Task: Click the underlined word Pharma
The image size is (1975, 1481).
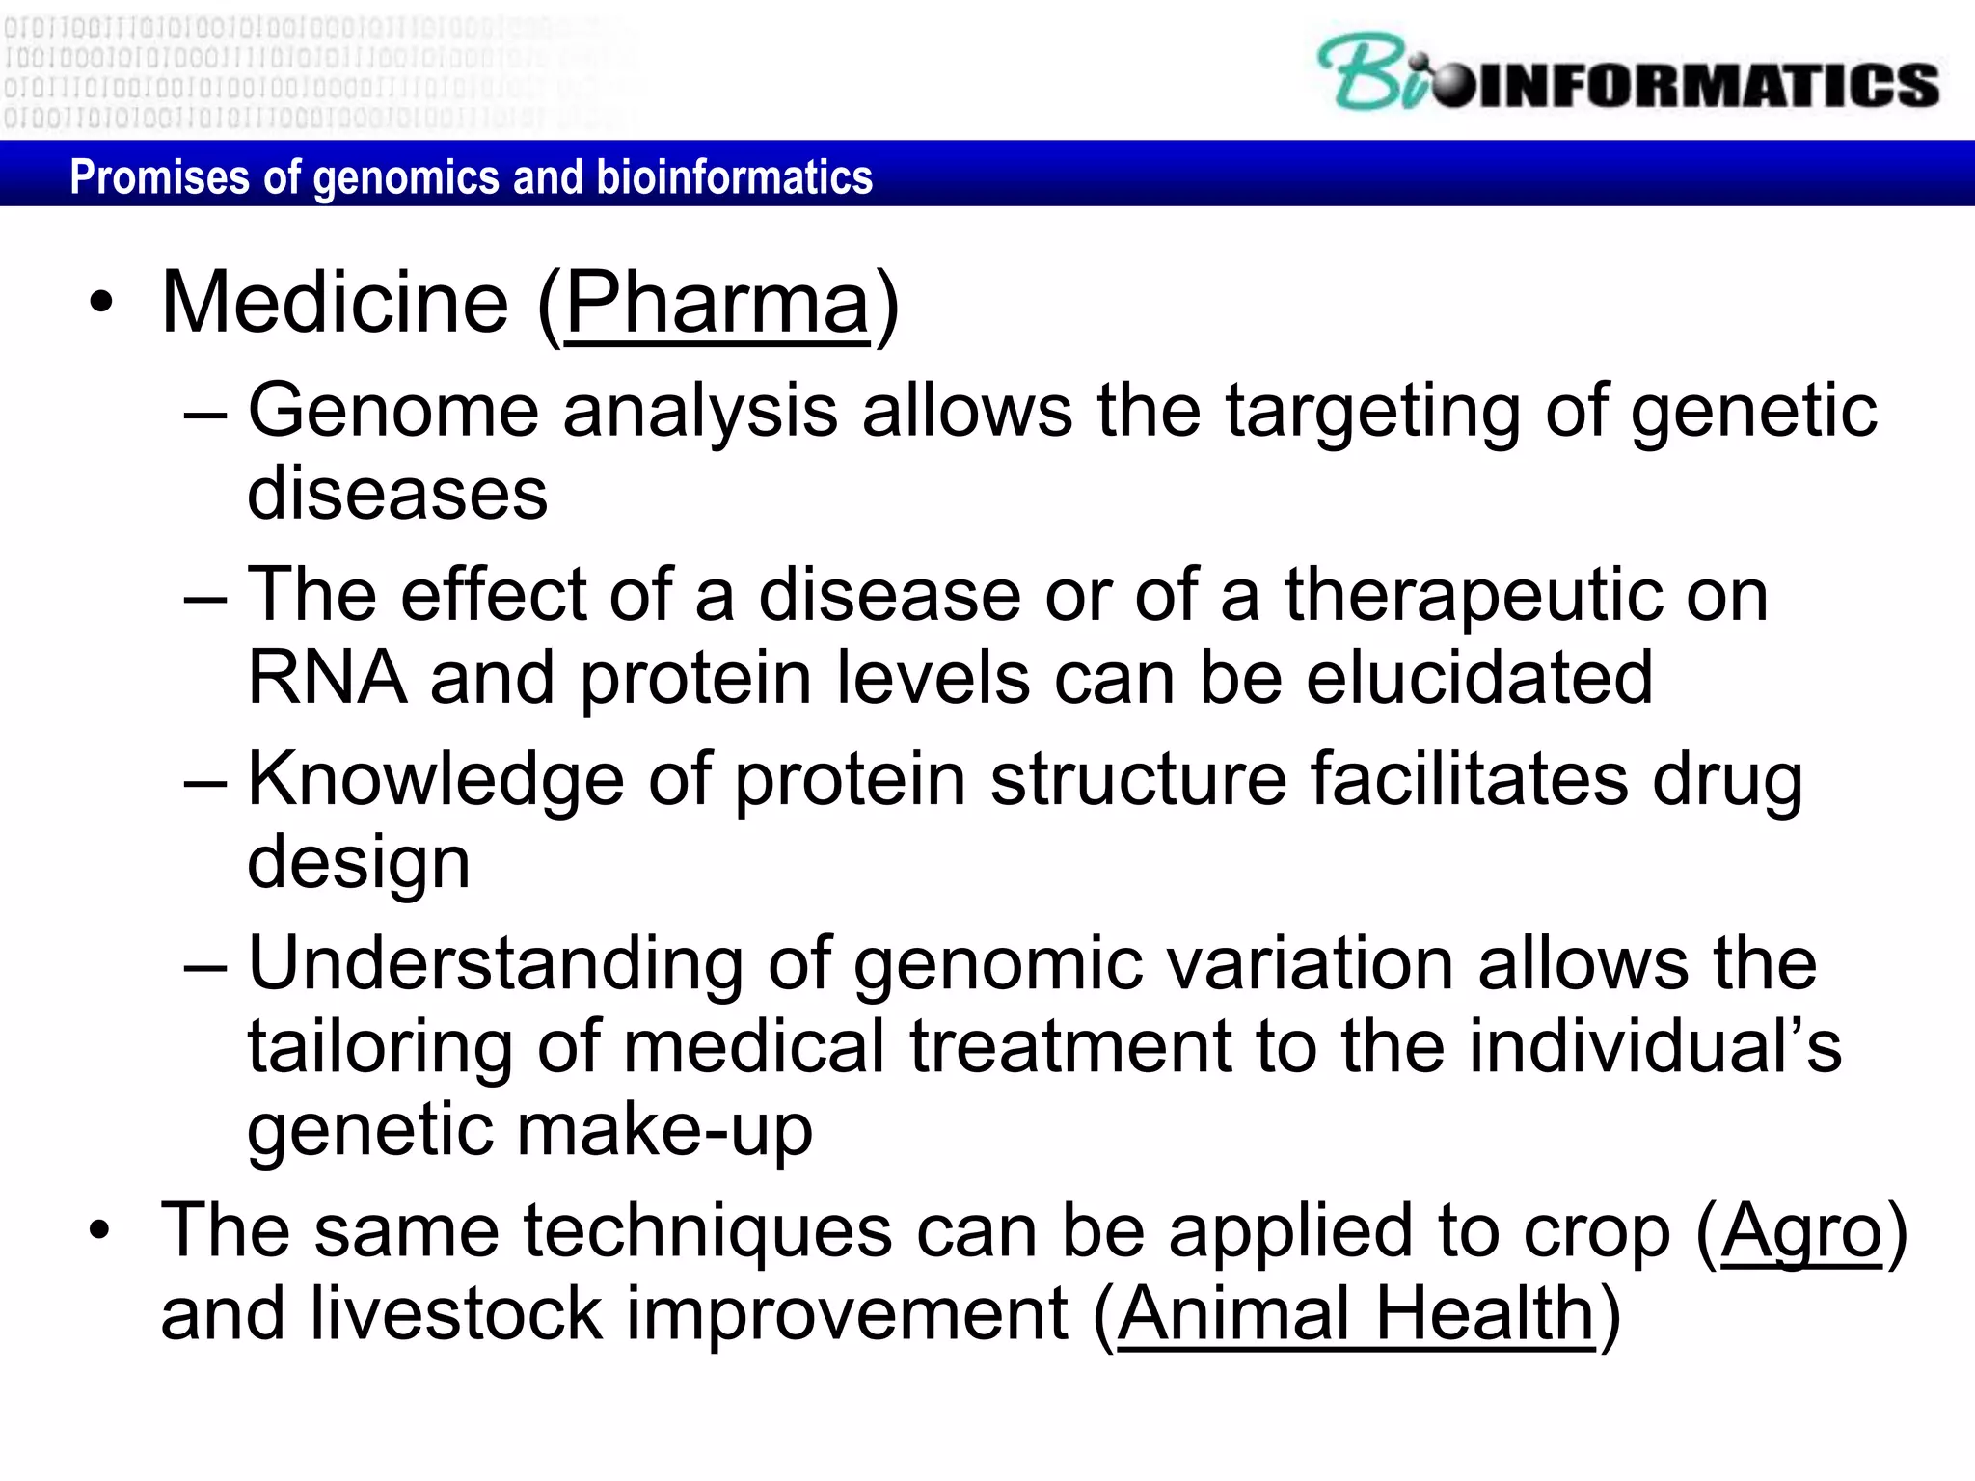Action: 717,304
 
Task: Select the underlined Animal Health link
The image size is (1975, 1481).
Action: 1356,1314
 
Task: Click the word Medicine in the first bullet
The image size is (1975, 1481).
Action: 335,304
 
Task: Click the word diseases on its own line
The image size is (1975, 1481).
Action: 397,494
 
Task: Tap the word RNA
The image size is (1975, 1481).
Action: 327,678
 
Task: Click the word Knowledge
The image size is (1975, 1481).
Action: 435,779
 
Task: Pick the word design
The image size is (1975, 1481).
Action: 359,862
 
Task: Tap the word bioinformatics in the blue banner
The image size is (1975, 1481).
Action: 735,177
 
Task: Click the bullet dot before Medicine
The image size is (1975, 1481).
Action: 100,305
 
